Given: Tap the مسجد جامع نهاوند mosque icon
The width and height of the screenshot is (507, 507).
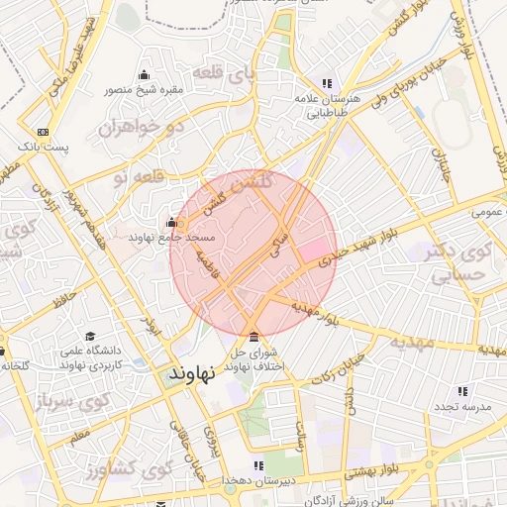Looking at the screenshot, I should click(x=172, y=222).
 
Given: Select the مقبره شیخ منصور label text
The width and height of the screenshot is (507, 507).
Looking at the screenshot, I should click(x=146, y=90).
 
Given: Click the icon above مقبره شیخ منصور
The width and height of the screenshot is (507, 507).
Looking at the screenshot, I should click(x=146, y=74).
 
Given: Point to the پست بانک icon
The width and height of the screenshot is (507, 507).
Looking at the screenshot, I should click(x=43, y=132).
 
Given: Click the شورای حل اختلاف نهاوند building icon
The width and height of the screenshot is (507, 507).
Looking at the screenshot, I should click(x=255, y=336).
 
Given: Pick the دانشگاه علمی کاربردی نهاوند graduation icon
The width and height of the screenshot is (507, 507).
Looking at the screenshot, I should click(x=91, y=336).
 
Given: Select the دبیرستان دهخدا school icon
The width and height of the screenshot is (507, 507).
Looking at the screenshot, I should click(x=258, y=464).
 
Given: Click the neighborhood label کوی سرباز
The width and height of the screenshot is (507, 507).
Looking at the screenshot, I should click(x=68, y=403).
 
